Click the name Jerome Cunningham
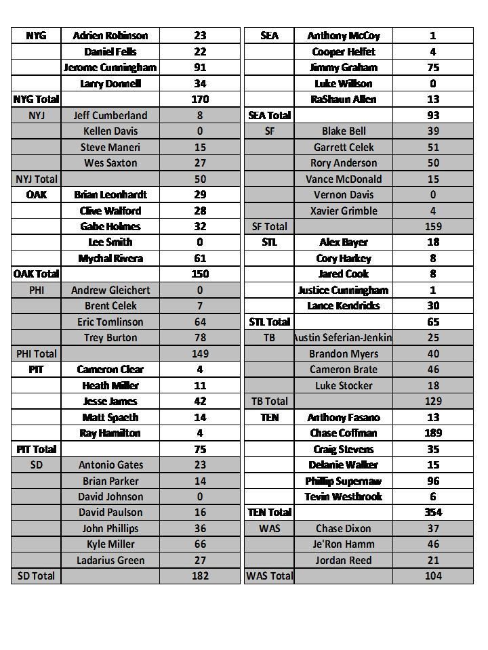110,67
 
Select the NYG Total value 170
200,99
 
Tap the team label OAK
36,194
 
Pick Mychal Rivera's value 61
200,258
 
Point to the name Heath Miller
110,385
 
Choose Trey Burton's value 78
200,337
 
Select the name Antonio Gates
110,464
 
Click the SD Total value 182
200,576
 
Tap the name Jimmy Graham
343,67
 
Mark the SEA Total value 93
432,115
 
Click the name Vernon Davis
343,194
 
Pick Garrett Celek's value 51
432,147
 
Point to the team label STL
269,242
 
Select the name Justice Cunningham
343,290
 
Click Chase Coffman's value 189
432,433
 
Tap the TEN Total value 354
432,513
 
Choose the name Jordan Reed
343,560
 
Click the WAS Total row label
269,576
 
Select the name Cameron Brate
343,369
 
